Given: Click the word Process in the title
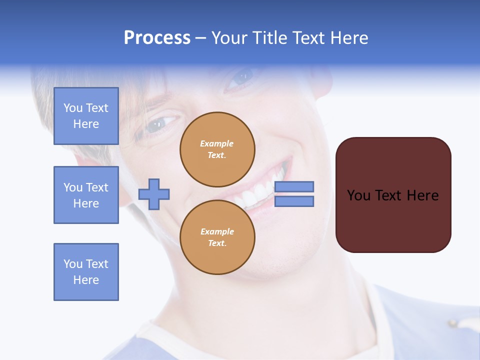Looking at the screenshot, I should (157, 38).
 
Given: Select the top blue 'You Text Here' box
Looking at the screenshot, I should (86, 116).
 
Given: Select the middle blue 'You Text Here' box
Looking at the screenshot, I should (86, 195).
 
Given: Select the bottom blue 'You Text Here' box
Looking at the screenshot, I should (86, 271).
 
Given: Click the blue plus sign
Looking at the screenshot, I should (154, 194).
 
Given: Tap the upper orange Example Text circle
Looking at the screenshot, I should (217, 149).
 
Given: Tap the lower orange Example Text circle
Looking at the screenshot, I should (217, 237).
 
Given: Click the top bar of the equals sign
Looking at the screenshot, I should (294, 186).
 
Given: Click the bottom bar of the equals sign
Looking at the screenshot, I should (294, 201).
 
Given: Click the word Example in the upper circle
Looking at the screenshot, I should (217, 143).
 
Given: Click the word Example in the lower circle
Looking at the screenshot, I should (217, 231).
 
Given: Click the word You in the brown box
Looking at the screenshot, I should (358, 195).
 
